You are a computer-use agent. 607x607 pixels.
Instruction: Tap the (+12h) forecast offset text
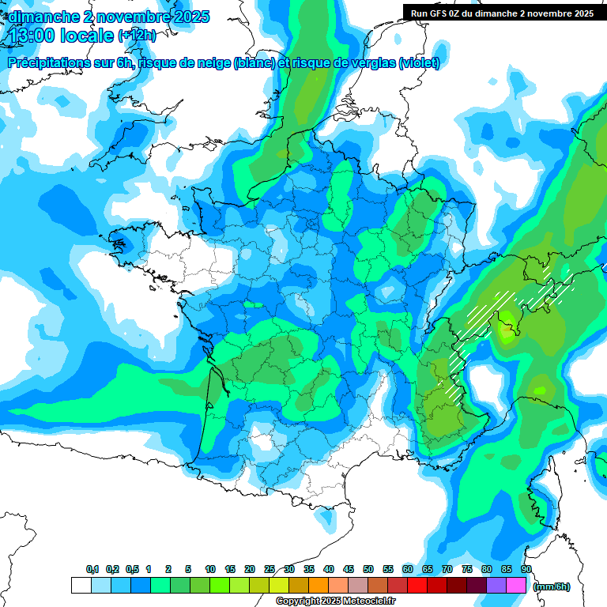click(x=138, y=36)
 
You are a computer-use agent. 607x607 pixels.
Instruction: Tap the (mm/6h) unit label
click(x=552, y=586)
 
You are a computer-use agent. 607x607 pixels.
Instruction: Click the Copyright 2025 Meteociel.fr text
click(x=335, y=601)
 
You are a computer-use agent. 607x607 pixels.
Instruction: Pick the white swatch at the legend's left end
click(x=81, y=586)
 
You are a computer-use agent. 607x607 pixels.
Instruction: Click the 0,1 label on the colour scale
click(x=92, y=569)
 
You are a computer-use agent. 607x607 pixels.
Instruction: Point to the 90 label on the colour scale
click(x=526, y=569)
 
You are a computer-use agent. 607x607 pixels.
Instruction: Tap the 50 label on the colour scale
click(x=368, y=569)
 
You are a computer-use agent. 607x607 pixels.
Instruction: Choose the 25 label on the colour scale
click(x=270, y=569)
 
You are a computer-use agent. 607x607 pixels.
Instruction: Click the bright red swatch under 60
click(x=417, y=586)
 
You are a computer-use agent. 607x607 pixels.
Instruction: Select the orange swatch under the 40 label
click(x=319, y=586)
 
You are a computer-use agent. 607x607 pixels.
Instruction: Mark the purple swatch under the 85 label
click(x=496, y=586)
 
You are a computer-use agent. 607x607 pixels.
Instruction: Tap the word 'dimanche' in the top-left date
click(x=39, y=16)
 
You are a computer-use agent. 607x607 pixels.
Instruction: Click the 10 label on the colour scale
click(x=210, y=569)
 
